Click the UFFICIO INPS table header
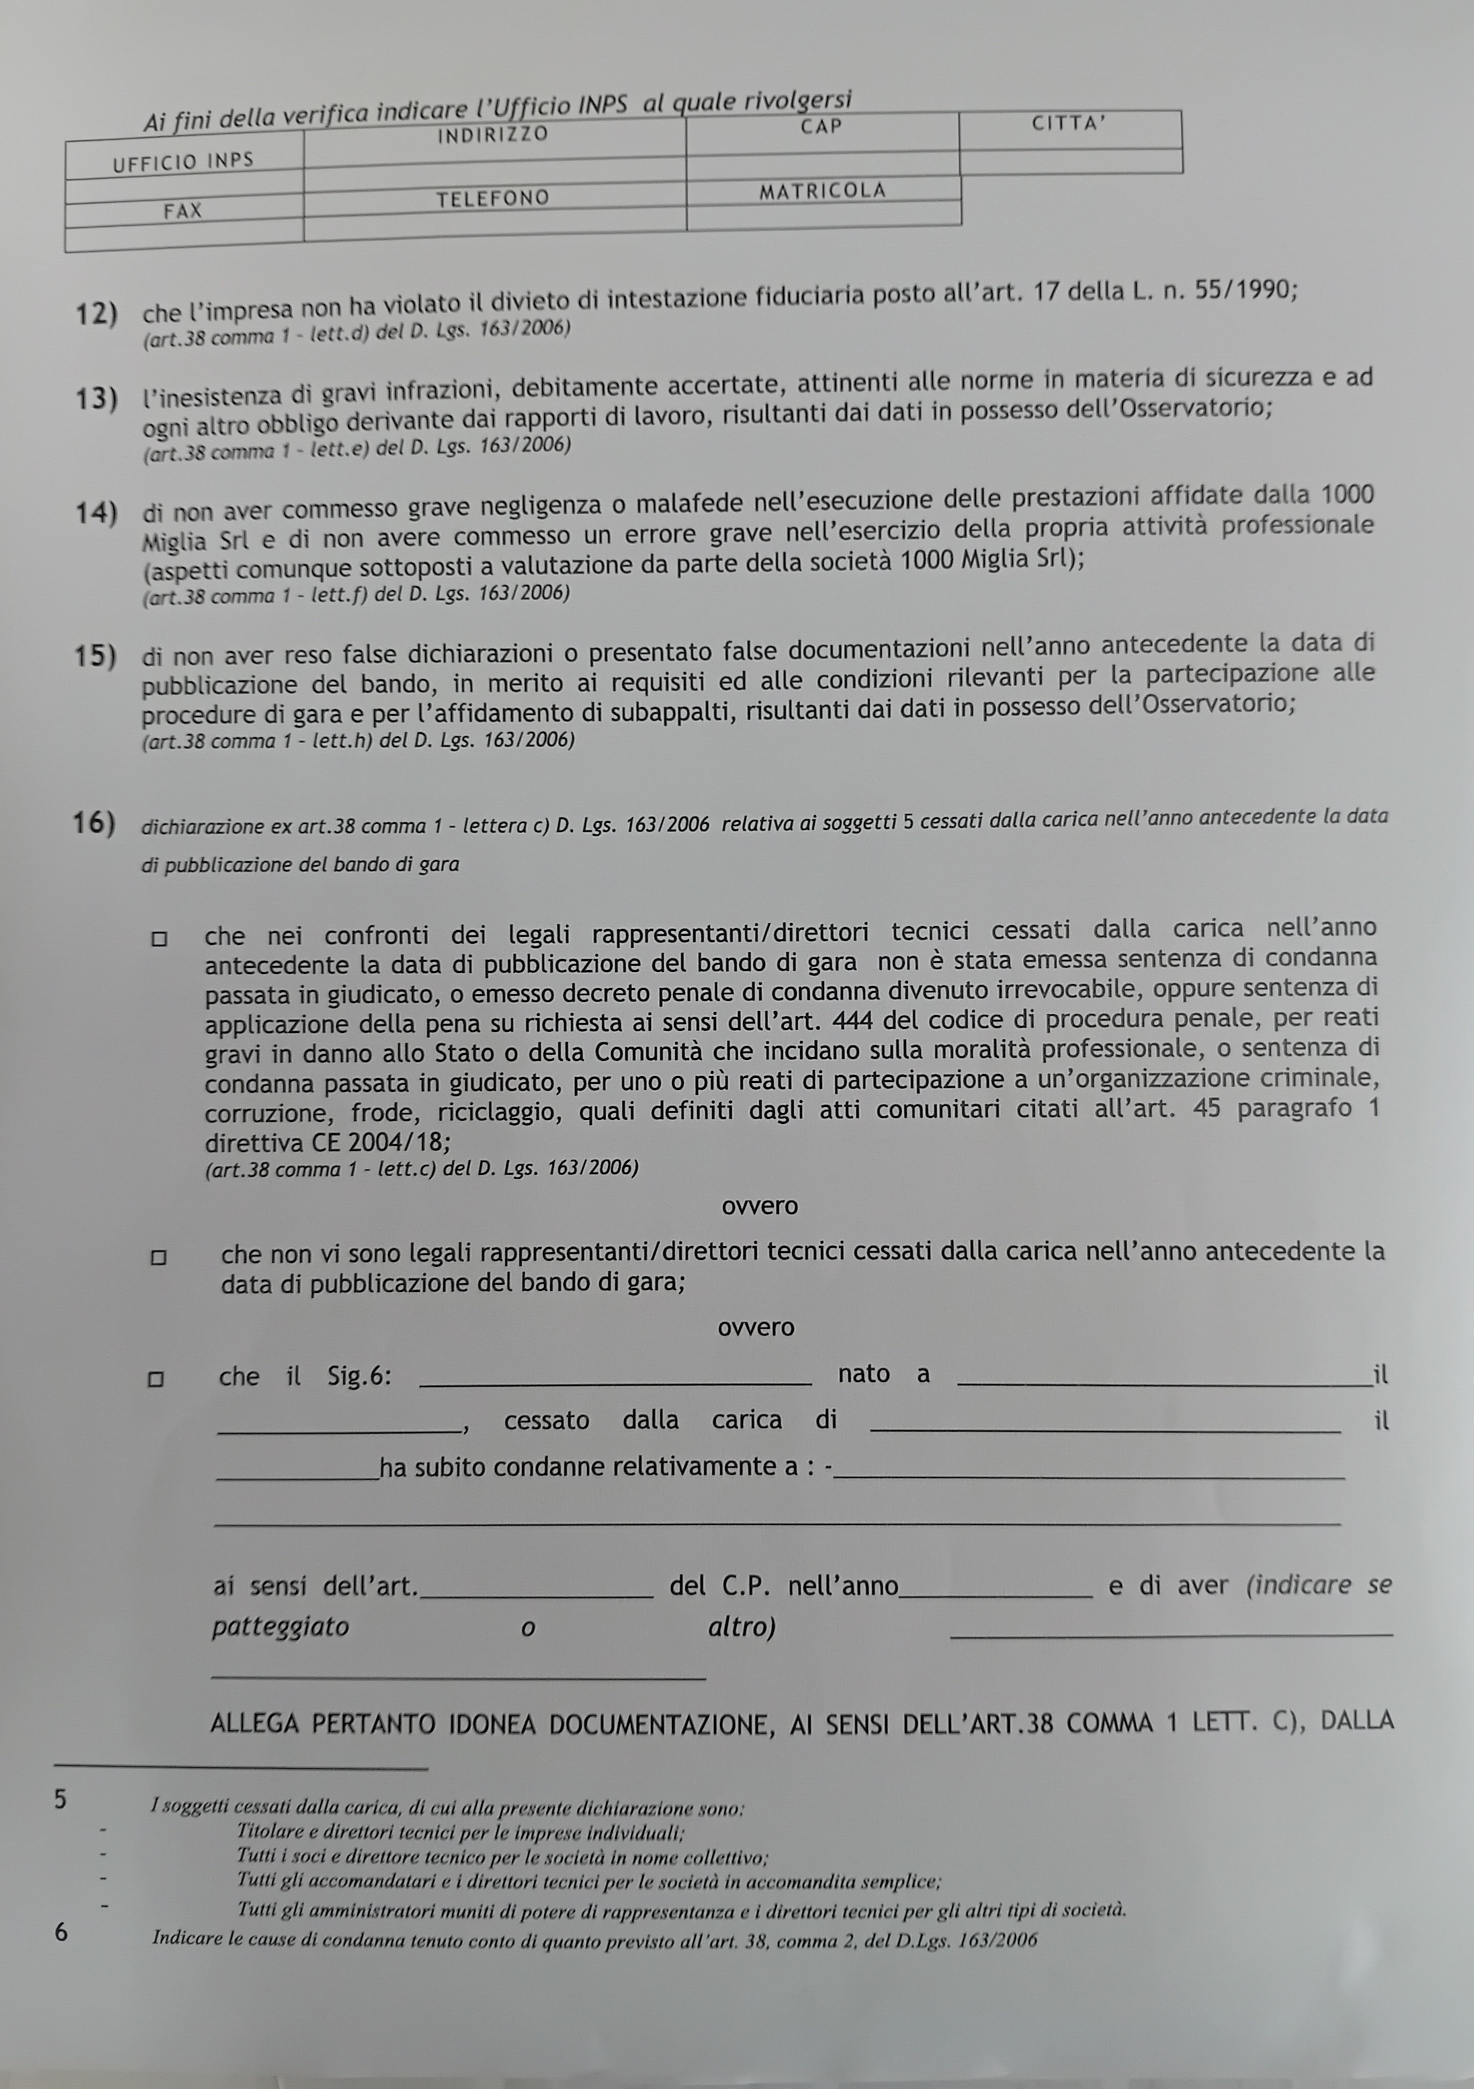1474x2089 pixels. (183, 162)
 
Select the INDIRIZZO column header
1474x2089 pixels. (492, 135)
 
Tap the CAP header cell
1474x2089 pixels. (822, 126)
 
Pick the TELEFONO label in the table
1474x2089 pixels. (492, 198)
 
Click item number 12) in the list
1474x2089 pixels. (96, 314)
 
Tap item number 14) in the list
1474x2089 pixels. (96, 513)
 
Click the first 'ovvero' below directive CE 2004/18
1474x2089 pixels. (759, 1206)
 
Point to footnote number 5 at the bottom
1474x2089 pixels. (60, 1800)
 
